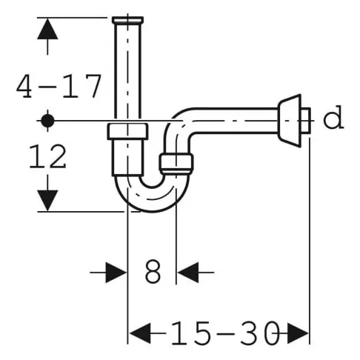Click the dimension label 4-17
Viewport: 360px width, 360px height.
pos(59,87)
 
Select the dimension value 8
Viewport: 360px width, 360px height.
pos(153,273)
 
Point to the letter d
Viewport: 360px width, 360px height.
pos(335,119)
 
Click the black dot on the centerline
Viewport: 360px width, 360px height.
pos(49,119)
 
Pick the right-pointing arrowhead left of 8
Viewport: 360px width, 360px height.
pos(115,272)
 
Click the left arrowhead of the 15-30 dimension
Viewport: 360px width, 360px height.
pos(141,333)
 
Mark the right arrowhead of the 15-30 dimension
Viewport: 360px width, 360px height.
pos(297,333)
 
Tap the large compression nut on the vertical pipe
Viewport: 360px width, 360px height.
pos(129,133)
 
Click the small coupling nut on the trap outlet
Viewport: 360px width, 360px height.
pos(177,163)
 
